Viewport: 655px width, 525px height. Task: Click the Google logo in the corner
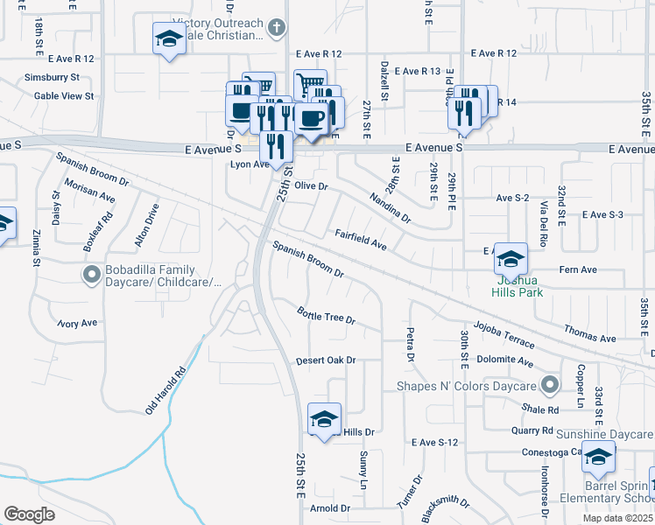(x=29, y=514)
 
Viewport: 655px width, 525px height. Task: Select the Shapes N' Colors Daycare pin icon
(x=550, y=385)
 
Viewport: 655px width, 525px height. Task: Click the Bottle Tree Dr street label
(x=326, y=315)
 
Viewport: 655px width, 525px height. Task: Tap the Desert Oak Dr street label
(x=326, y=360)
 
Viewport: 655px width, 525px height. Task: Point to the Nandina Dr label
(x=389, y=207)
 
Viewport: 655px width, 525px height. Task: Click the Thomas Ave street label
(x=591, y=335)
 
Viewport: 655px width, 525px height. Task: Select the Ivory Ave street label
(x=77, y=323)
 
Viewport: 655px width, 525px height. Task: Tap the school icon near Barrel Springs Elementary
(x=598, y=456)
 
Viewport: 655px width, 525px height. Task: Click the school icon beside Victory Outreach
(x=169, y=38)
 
